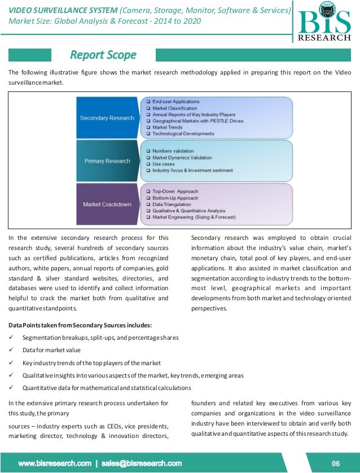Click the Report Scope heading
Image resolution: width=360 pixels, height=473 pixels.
(103, 55)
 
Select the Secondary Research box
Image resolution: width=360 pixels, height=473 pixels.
(107, 118)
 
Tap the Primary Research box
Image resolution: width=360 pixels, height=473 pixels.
(107, 161)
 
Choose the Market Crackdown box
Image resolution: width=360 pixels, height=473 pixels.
(107, 204)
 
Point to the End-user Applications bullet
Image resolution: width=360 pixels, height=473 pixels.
(175, 102)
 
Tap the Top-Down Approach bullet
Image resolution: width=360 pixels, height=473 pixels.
(175, 192)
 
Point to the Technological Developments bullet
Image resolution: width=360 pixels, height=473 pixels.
(183, 134)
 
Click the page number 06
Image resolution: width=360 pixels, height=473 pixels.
(336, 463)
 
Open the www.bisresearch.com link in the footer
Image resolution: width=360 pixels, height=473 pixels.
(55, 463)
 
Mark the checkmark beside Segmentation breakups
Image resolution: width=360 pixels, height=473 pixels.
(11, 338)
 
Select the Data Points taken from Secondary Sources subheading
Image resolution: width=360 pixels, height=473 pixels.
(80, 325)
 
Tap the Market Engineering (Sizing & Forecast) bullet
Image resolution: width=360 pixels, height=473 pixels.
(194, 217)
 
